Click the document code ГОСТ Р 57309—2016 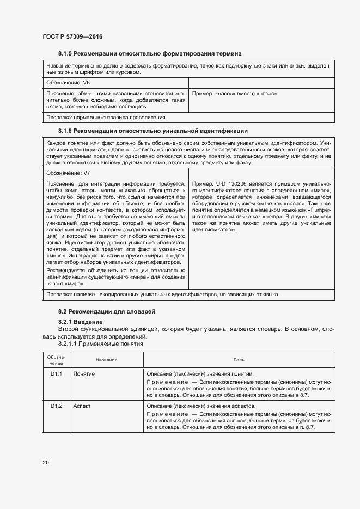pyautogui.click(x=72, y=36)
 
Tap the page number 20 pyautogui.click(x=45, y=463)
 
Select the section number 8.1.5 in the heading pyautogui.click(x=65, y=53)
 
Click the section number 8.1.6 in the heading pyautogui.click(x=65, y=131)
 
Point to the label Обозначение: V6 pyautogui.click(x=68, y=83)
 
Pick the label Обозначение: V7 pyautogui.click(x=68, y=173)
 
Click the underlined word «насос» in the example pyautogui.click(x=266, y=94)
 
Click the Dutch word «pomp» pyautogui.click(x=259, y=216)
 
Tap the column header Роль pyautogui.click(x=235, y=360)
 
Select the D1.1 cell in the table pyautogui.click(x=57, y=375)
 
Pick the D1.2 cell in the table pyautogui.click(x=57, y=406)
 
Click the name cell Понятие pyautogui.click(x=84, y=375)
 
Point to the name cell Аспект pyautogui.click(x=82, y=406)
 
